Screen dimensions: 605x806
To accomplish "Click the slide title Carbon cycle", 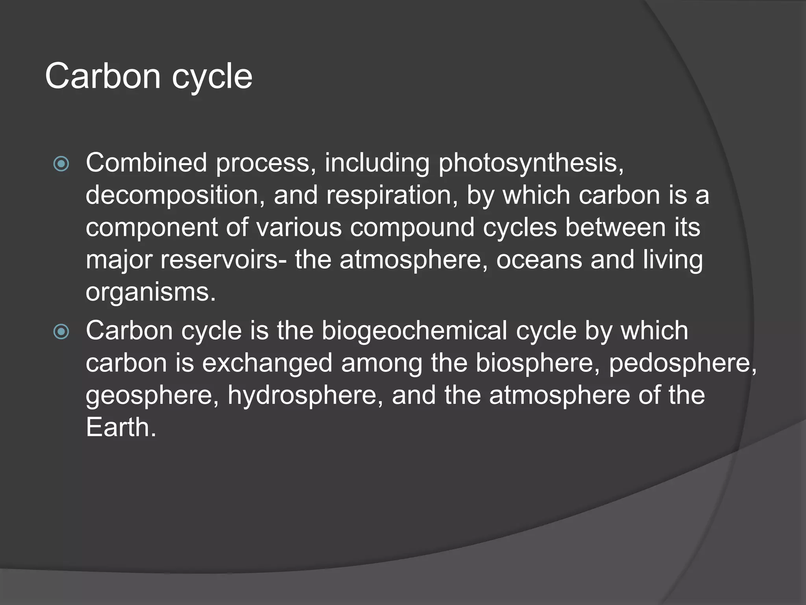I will pyautogui.click(x=148, y=76).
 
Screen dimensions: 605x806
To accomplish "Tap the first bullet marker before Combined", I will pyautogui.click(x=61, y=164).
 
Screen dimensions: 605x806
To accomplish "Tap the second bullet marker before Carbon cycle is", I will pyautogui.click(x=61, y=332).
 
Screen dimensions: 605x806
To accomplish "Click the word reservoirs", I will pyautogui.click(x=223, y=260).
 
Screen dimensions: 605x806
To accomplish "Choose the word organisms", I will pyautogui.click(x=150, y=293).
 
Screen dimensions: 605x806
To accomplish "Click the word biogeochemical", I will pyautogui.click(x=414, y=330).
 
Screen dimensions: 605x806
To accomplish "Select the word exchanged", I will pyautogui.click(x=267, y=363).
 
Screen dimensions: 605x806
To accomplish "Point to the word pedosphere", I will pyautogui.click(x=682, y=363).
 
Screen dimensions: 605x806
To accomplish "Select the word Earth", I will pyautogui.click(x=120, y=427).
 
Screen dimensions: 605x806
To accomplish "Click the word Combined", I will pyautogui.click(x=146, y=163).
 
